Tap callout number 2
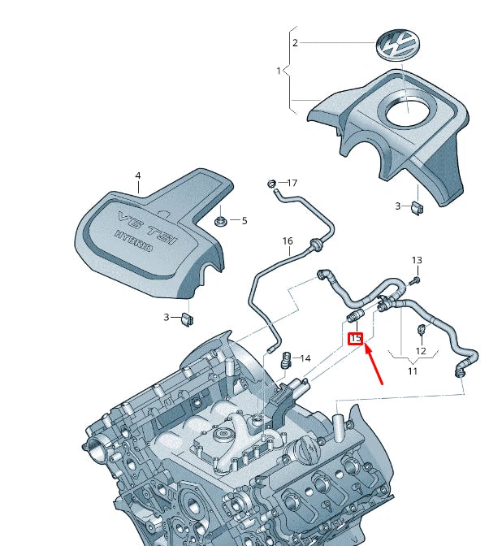(295, 43)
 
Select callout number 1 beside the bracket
(279, 71)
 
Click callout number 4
(138, 176)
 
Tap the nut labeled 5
(219, 220)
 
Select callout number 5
(244, 220)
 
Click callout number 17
(292, 184)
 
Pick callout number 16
(287, 241)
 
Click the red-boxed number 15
(355, 338)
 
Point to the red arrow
(375, 363)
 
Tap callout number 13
(417, 261)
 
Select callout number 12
(421, 351)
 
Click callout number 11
(412, 370)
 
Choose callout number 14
(305, 358)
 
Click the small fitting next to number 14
(285, 357)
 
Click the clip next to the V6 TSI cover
(186, 318)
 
